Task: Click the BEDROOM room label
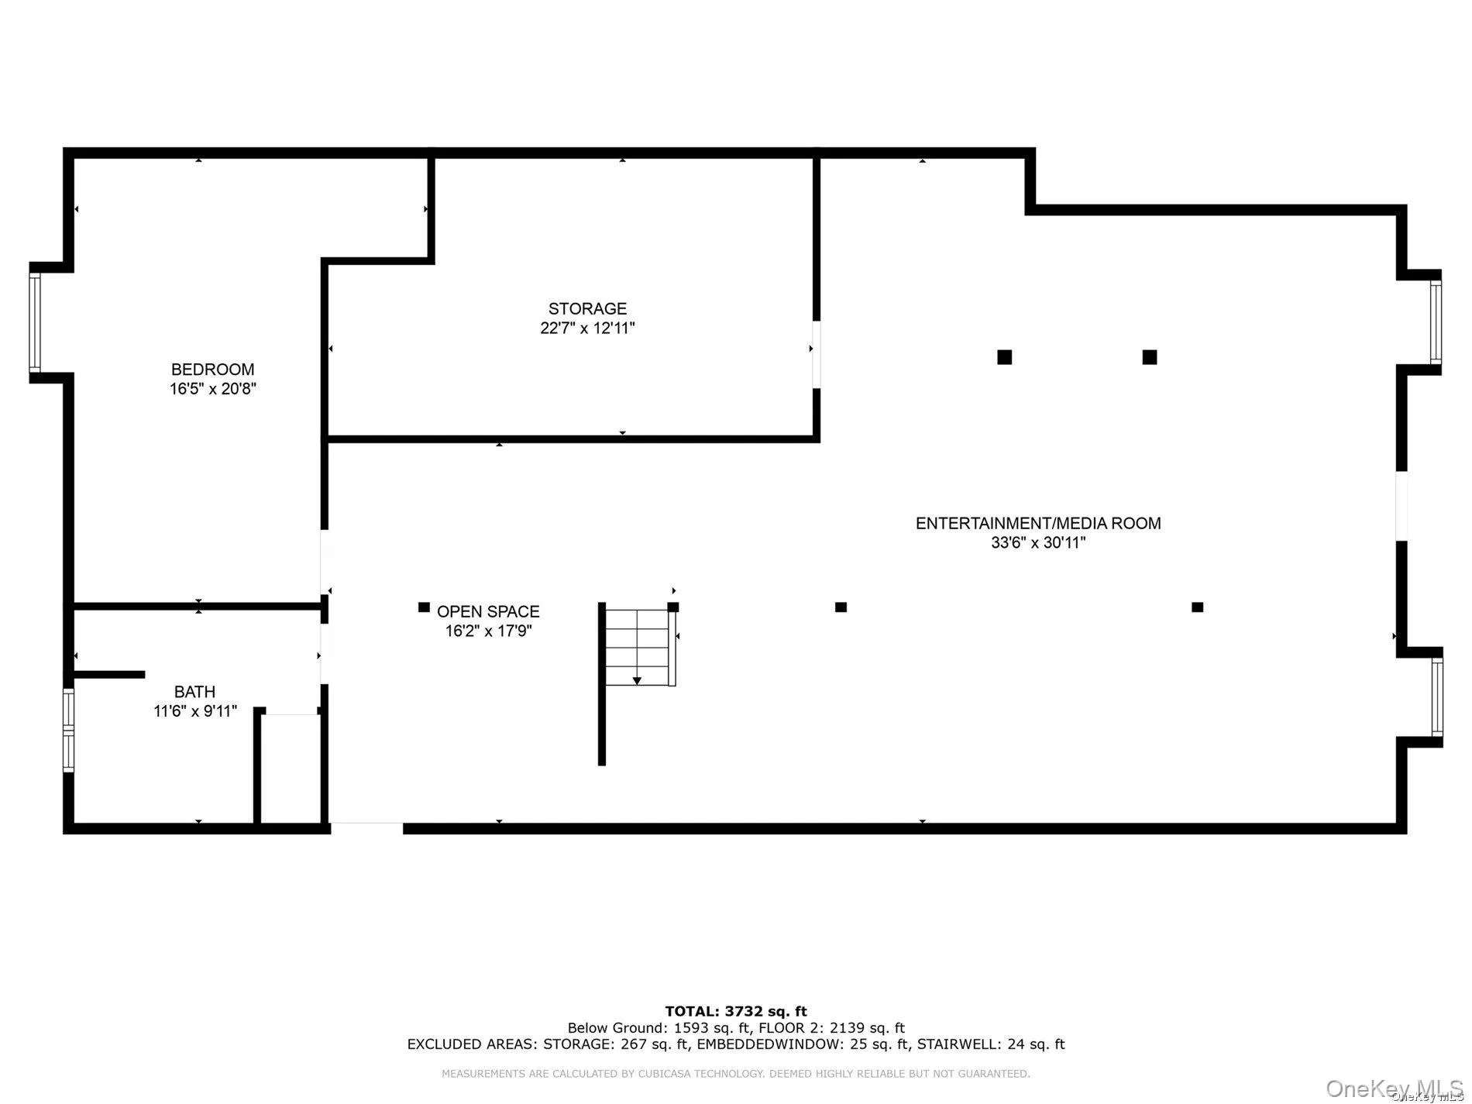[x=212, y=370]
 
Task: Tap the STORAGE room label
[x=587, y=308]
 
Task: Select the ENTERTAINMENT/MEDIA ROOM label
[x=1038, y=523]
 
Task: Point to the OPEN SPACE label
[x=488, y=611]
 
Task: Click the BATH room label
[x=194, y=692]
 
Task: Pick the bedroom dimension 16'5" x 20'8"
[x=213, y=389]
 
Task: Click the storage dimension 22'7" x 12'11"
[x=587, y=328]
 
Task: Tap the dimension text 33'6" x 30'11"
[x=1038, y=543]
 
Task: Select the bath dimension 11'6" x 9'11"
[x=195, y=711]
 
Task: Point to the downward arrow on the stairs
[x=637, y=679]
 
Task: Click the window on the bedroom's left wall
[x=35, y=322]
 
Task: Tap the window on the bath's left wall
[x=68, y=730]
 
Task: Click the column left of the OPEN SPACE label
[x=424, y=607]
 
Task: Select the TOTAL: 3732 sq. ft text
[x=735, y=1011]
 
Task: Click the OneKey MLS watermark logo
[x=1394, y=1089]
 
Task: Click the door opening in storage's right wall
[x=816, y=354]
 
